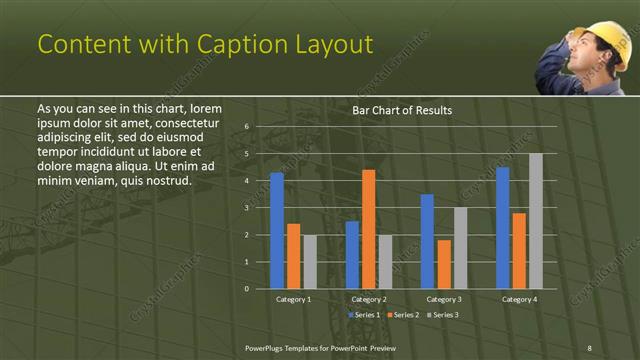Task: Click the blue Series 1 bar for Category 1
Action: pyautogui.click(x=277, y=231)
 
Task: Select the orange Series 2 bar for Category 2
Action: pyautogui.click(x=368, y=229)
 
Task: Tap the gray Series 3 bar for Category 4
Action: pyautogui.click(x=535, y=221)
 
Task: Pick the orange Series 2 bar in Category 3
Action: pyautogui.click(x=444, y=264)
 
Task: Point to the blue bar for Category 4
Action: pyautogui.click(x=502, y=228)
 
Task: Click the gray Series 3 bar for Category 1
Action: pyautogui.click(x=310, y=262)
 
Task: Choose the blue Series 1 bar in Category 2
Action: pyautogui.click(x=352, y=255)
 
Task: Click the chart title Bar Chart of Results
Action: pyautogui.click(x=402, y=110)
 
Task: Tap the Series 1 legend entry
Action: pyautogui.click(x=362, y=314)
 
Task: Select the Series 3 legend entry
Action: pyautogui.click(x=444, y=314)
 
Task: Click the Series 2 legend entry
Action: pyautogui.click(x=403, y=314)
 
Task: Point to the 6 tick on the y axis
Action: pyautogui.click(x=247, y=127)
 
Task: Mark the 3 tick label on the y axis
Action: pyautogui.click(x=247, y=208)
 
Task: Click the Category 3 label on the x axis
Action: pyautogui.click(x=443, y=299)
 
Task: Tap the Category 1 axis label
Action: pyautogui.click(x=293, y=299)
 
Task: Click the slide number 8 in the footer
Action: pyautogui.click(x=589, y=347)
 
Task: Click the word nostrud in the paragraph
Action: pyautogui.click(x=166, y=180)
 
